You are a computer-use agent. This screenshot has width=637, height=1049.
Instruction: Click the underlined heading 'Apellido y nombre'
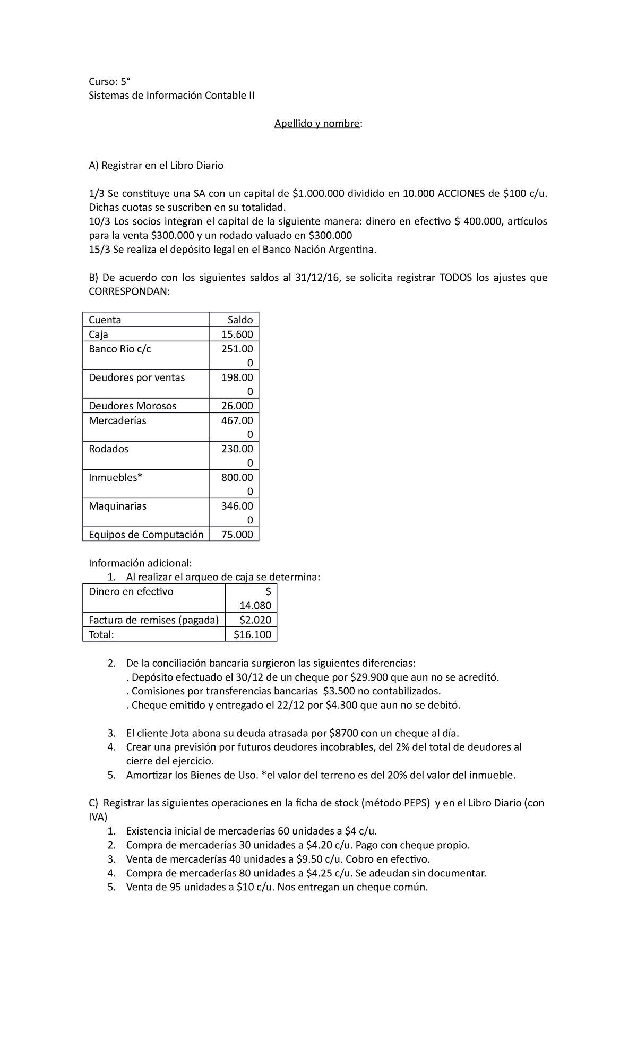tap(317, 124)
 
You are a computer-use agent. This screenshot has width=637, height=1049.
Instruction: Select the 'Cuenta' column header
tap(105, 320)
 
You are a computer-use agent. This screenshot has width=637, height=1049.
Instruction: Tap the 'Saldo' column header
tap(240, 320)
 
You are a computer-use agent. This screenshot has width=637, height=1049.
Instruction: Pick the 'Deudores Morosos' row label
tap(132, 406)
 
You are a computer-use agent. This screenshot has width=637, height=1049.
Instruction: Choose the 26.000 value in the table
tap(237, 406)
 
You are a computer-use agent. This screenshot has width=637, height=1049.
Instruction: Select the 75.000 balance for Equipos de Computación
tap(237, 534)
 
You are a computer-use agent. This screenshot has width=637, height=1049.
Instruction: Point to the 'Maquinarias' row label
tap(117, 506)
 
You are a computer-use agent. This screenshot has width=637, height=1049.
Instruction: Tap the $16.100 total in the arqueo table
tap(252, 634)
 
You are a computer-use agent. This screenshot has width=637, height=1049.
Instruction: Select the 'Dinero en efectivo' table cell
tap(131, 591)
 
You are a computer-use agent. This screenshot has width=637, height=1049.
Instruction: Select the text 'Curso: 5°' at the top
tap(109, 81)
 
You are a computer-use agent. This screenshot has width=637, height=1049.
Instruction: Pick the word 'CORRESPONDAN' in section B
tap(130, 291)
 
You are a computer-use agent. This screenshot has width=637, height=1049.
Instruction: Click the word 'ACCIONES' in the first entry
tap(461, 193)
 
